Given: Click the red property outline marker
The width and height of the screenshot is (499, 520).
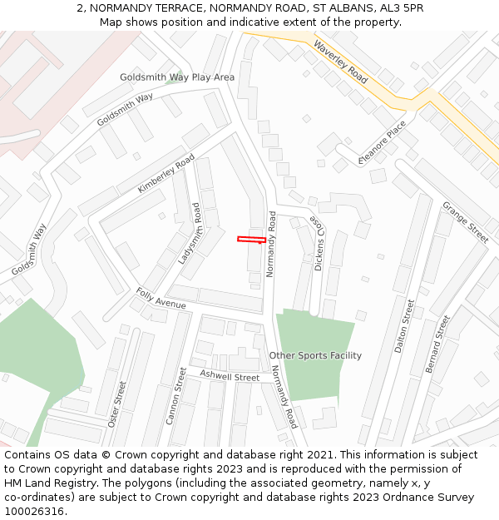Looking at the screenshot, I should [251, 240].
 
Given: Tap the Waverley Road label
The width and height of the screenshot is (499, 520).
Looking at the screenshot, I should [340, 62].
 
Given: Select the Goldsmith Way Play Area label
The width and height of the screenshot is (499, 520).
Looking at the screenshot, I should [177, 77].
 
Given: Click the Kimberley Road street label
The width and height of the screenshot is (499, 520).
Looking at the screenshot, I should [166, 173].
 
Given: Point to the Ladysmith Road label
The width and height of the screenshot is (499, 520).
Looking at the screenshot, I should [190, 234].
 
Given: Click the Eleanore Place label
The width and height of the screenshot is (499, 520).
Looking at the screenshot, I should [383, 142].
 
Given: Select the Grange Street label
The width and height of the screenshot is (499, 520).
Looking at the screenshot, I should [465, 221].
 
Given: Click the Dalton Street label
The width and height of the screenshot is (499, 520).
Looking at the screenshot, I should [404, 326].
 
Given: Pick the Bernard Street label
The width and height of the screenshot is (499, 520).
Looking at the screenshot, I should [437, 344].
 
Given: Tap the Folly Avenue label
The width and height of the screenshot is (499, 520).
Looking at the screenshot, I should [161, 299].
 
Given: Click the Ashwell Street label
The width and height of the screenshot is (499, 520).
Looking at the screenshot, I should [230, 376].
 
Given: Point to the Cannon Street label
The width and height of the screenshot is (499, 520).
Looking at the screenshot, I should [176, 396].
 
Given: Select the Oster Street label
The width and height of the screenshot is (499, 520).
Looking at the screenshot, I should [117, 403].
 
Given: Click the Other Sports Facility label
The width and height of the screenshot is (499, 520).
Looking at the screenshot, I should [315, 355].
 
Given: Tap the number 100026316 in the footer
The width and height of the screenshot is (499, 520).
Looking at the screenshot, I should [35, 512].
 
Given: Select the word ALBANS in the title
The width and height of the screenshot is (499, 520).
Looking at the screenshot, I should [334, 7].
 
